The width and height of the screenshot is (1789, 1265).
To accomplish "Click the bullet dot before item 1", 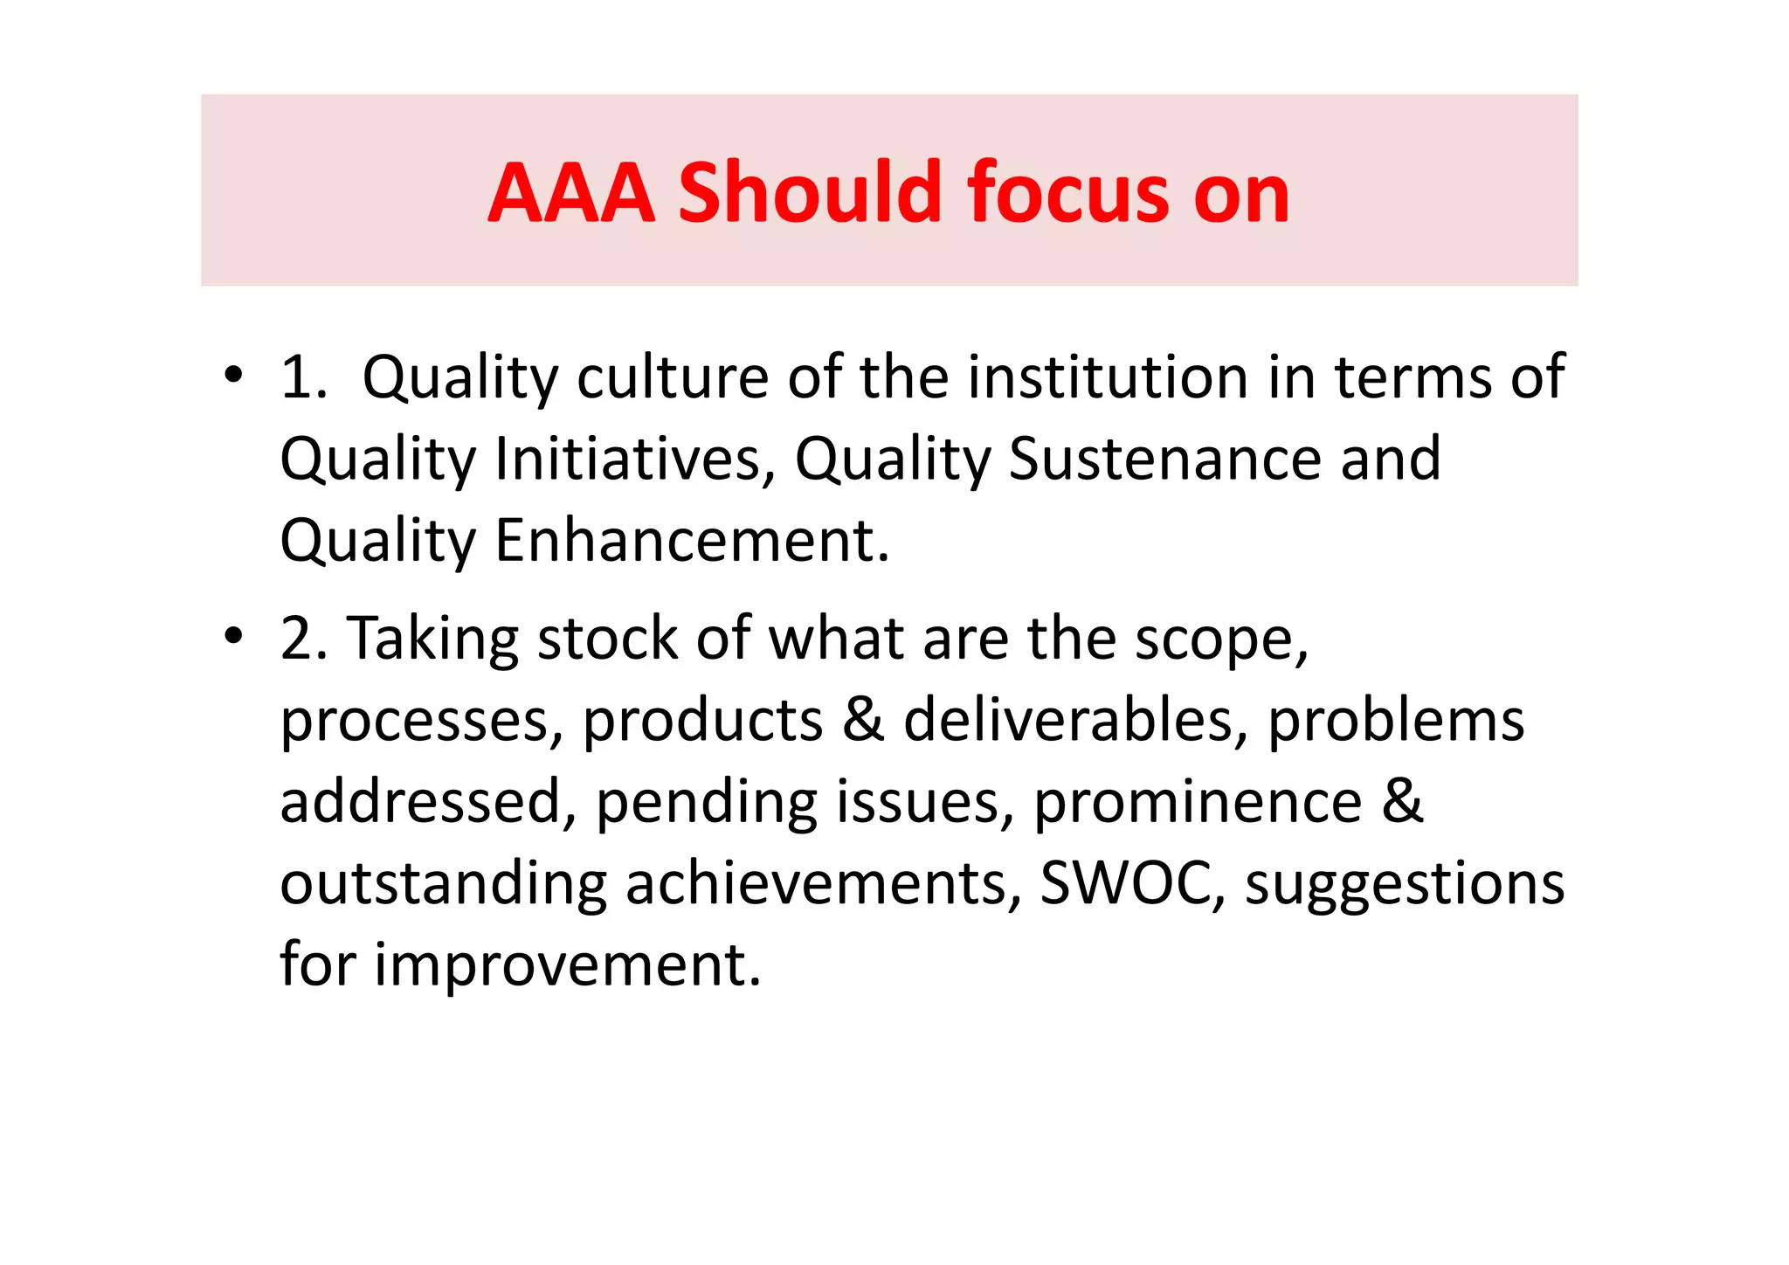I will click(232, 377).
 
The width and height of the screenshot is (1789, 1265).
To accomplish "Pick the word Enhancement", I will click(692, 541).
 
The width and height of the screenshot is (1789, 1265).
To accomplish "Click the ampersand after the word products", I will click(863, 721).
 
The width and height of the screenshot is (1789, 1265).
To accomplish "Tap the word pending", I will click(707, 802).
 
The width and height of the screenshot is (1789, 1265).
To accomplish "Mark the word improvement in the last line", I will click(568, 964).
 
